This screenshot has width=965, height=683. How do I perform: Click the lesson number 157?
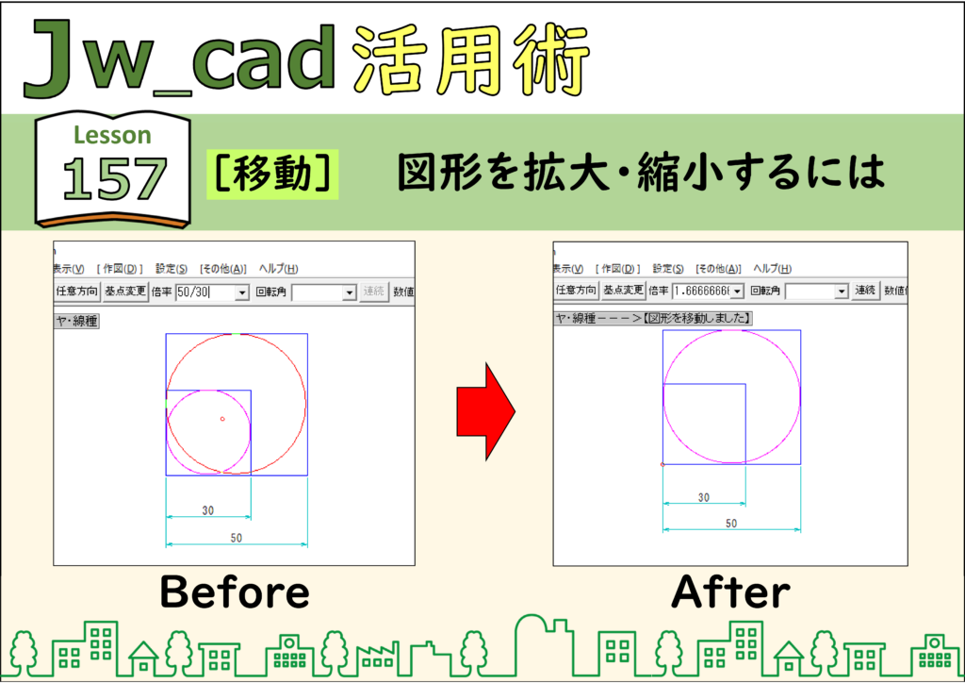pyautogui.click(x=114, y=178)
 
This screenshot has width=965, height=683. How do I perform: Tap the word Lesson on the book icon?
pyautogui.click(x=112, y=135)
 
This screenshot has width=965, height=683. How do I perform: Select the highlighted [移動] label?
pyautogui.click(x=272, y=174)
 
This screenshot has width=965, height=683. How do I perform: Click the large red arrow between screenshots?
pyautogui.click(x=485, y=411)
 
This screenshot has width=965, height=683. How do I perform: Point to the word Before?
pyautogui.click(x=235, y=591)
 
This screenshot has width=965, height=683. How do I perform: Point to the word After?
pyautogui.click(x=730, y=591)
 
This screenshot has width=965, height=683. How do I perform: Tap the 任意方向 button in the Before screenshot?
pyautogui.click(x=77, y=292)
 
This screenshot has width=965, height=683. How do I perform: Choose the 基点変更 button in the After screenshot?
pyautogui.click(x=623, y=290)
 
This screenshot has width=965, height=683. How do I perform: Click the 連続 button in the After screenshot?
pyautogui.click(x=865, y=290)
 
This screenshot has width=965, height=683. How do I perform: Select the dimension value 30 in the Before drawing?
pyautogui.click(x=208, y=510)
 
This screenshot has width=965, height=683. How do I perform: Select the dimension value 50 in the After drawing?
pyautogui.click(x=731, y=524)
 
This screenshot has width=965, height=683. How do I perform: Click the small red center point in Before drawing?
pyautogui.click(x=222, y=419)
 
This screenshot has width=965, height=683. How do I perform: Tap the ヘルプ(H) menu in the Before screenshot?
pyautogui.click(x=279, y=269)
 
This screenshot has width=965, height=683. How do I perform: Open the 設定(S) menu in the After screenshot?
pyautogui.click(x=668, y=269)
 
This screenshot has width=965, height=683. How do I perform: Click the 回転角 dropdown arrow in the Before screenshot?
pyautogui.click(x=349, y=292)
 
